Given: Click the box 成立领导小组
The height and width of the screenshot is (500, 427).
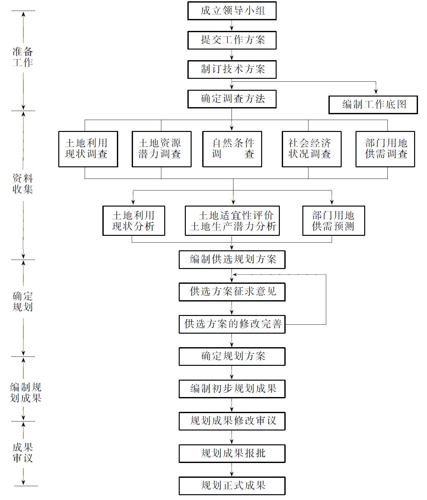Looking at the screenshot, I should click(232, 11).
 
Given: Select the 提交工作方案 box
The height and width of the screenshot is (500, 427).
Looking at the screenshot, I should click(232, 40).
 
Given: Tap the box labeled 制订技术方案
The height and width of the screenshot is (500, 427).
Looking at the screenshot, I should click(232, 69).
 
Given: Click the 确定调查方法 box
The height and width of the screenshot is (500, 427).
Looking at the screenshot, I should click(232, 99).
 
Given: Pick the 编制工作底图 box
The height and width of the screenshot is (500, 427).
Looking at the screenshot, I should click(373, 105).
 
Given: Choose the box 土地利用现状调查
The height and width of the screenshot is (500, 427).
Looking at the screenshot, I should click(88, 149).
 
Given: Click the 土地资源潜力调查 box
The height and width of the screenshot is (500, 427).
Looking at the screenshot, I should click(161, 149).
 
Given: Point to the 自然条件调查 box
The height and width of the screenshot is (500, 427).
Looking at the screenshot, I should click(232, 149).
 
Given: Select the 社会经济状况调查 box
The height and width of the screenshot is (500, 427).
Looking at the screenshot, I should click(311, 149).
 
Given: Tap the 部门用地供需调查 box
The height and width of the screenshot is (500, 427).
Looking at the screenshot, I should click(385, 149).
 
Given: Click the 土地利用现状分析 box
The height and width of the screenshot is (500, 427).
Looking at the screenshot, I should click(134, 221).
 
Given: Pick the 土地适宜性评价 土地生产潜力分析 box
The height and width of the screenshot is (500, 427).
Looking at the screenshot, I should click(232, 221).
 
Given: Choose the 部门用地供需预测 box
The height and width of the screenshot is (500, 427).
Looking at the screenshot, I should click(334, 221).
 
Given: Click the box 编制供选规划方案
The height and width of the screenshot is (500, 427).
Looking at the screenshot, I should click(232, 260).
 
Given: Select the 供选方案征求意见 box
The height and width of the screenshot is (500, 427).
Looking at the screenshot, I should click(232, 292).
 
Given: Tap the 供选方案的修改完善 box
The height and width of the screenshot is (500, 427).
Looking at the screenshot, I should click(232, 324).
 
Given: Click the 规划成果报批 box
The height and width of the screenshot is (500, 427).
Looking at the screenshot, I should click(232, 453).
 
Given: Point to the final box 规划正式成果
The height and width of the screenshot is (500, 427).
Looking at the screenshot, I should click(232, 486).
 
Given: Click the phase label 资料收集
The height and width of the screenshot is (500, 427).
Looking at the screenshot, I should click(23, 184).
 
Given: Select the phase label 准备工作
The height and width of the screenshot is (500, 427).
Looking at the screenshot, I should click(23, 57).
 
